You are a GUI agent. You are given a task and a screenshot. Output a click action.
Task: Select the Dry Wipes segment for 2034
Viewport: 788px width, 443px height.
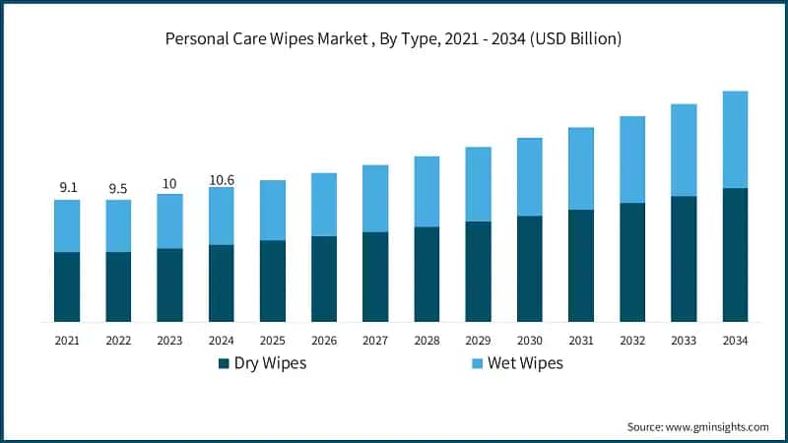coord(735,255)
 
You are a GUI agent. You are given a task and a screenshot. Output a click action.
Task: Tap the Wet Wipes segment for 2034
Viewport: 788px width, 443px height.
coord(735,140)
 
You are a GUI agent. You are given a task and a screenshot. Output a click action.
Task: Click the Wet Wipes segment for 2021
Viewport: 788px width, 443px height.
coord(67,225)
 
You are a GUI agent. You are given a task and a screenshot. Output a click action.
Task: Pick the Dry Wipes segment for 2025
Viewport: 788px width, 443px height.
coord(273,281)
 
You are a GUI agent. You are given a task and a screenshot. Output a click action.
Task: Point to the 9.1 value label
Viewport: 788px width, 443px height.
coord(67,186)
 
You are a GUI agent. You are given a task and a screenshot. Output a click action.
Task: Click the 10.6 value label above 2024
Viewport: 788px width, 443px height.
coord(222,179)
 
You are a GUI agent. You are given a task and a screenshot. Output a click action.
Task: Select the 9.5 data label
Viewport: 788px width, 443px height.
coord(118,188)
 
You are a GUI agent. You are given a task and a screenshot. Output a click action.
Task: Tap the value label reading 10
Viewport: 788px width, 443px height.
coord(169,183)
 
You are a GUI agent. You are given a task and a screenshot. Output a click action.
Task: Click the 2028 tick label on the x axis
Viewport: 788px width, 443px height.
coord(427,341)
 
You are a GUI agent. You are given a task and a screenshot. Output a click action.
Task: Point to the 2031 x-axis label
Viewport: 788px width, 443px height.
coord(581,341)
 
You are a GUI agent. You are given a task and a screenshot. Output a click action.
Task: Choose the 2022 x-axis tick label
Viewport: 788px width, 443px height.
coord(118,341)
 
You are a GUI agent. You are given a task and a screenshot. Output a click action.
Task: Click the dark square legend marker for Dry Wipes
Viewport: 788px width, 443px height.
coord(223,364)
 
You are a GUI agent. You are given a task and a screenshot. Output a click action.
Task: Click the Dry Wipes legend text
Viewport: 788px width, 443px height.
coord(269,364)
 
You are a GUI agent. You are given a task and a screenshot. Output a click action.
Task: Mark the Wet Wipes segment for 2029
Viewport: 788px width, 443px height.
coord(479,184)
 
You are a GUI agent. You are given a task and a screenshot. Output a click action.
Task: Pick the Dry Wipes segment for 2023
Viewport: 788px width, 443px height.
coord(169,285)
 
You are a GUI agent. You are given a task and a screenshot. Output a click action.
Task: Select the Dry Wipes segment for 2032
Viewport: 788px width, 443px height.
coord(632,262)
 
